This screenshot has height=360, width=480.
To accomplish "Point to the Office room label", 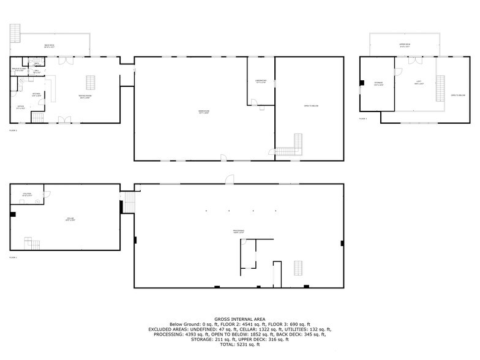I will [20, 108].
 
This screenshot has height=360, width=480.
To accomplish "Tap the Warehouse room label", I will [204, 111].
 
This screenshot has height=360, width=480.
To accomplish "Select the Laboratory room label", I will [260, 81].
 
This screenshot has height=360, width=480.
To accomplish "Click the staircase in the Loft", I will [440, 89].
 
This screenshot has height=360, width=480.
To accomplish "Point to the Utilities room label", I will [27, 195].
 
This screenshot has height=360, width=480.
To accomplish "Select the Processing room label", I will [238, 231].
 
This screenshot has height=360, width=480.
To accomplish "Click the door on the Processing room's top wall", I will [229, 179].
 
